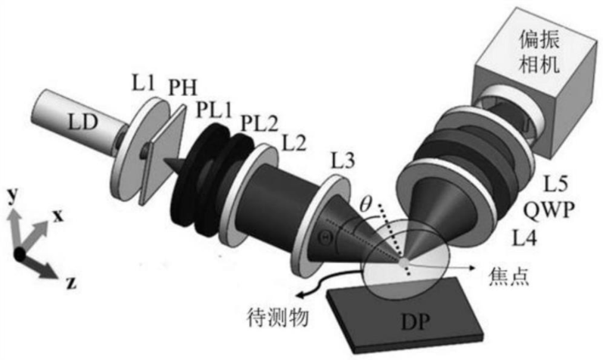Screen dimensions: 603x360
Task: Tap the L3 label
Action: (346, 160)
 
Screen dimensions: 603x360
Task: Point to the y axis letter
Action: (13, 197)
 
